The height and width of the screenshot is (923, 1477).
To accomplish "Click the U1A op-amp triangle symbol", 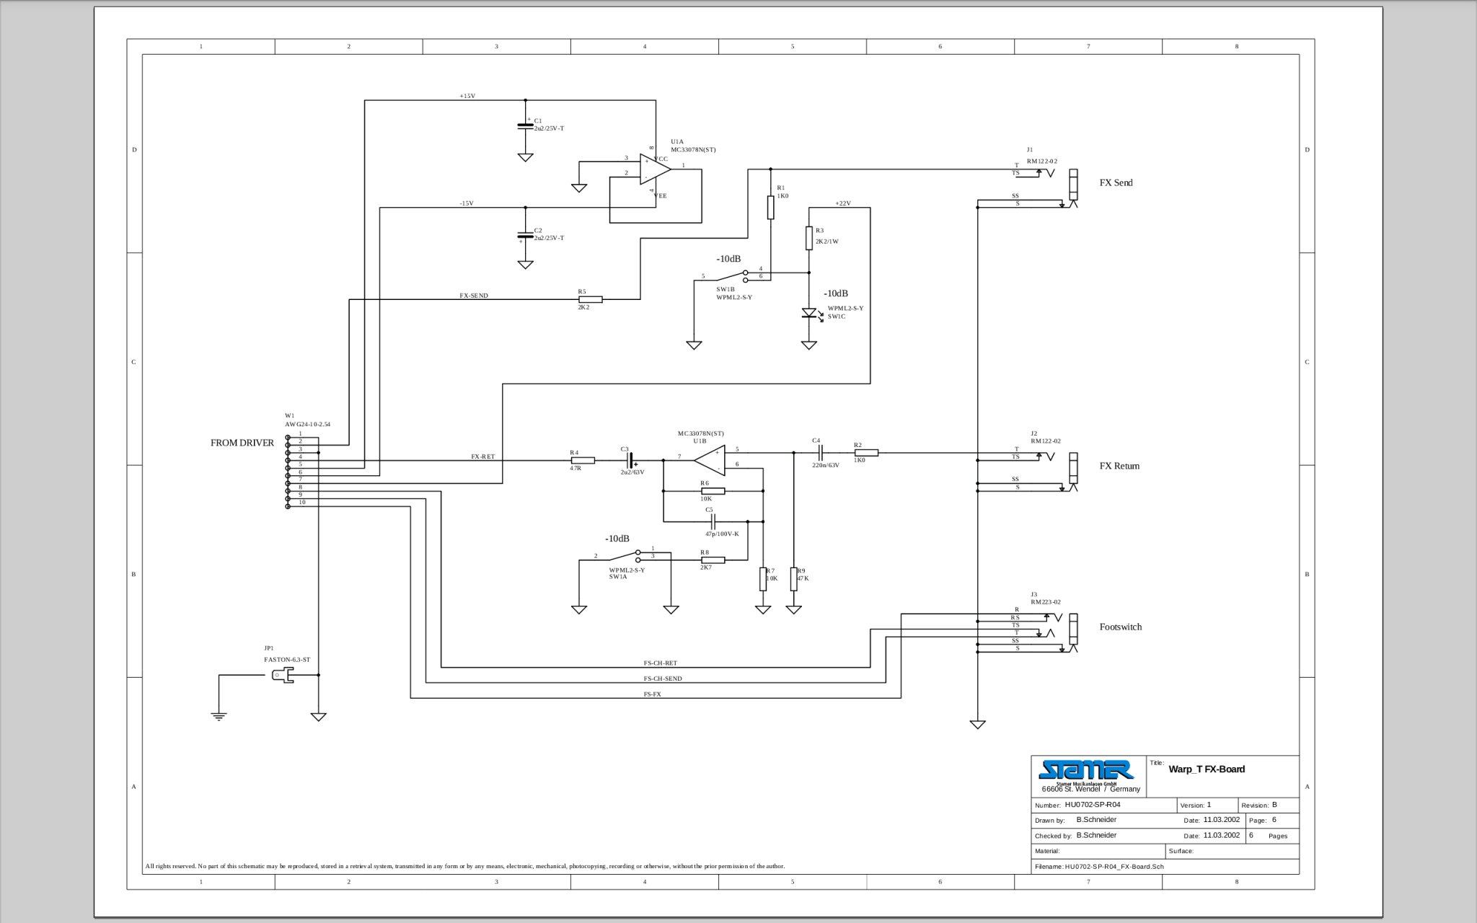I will (655, 169).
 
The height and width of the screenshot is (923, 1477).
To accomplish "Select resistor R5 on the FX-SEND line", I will (591, 299).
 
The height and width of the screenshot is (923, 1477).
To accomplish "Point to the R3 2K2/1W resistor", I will (809, 237).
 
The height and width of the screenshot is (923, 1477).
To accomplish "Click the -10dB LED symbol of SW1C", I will (809, 314).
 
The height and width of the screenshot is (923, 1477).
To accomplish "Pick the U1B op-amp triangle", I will (710, 459).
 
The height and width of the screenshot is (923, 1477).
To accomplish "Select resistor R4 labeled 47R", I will (583, 460).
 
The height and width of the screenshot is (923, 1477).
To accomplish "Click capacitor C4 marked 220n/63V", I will (820, 453).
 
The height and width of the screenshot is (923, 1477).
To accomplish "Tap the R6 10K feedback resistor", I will (713, 491).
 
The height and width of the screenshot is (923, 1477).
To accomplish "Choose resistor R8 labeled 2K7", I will (713, 560).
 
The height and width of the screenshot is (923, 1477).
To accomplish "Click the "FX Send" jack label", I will (1116, 183).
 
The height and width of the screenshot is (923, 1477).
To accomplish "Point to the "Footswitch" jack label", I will (1120, 627).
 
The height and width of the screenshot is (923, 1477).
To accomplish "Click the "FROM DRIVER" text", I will (242, 443).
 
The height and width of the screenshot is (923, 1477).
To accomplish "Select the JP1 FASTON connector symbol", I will (282, 676).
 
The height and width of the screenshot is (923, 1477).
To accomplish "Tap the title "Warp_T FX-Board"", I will (1207, 769).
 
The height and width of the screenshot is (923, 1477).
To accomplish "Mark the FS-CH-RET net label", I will (660, 663).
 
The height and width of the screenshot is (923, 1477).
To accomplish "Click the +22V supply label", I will (842, 203).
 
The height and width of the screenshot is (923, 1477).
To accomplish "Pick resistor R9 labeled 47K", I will (794, 578).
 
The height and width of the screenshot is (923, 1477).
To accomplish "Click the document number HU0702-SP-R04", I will (1092, 805).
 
